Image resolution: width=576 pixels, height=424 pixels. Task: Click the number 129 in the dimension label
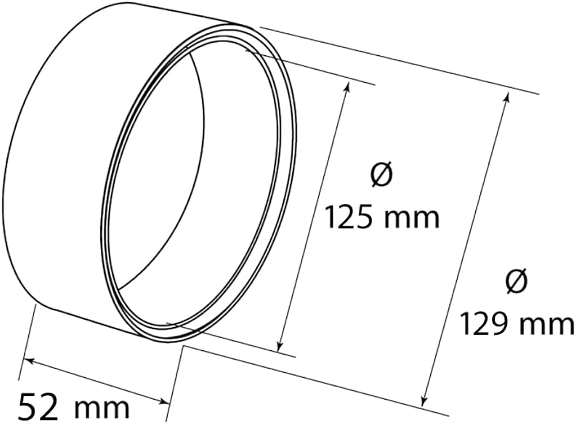482,324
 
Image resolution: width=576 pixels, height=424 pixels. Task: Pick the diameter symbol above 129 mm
516,281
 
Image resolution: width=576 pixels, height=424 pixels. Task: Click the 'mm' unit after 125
412,219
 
